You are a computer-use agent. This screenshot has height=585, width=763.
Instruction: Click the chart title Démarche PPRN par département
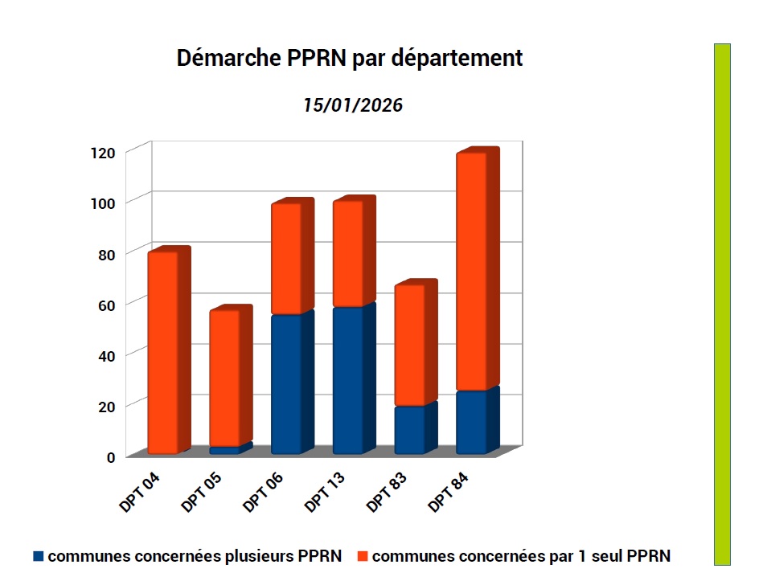pyautogui.click(x=349, y=59)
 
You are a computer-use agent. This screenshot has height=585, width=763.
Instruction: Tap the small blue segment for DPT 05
pyautogui.click(x=224, y=450)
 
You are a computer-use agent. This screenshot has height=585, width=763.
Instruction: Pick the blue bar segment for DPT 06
pyautogui.click(x=286, y=384)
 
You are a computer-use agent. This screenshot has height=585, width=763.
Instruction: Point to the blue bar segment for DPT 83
pyautogui.click(x=409, y=430)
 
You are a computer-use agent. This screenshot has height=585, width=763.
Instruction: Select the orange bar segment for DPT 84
pyautogui.click(x=471, y=272)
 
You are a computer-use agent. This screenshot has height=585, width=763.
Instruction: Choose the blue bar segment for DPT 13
pyautogui.click(x=347, y=380)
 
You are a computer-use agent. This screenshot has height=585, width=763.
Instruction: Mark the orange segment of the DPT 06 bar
pyautogui.click(x=286, y=259)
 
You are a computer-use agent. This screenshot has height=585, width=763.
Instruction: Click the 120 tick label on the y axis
pyautogui.click(x=105, y=152)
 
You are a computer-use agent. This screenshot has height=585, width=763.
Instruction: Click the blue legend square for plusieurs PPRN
pyautogui.click(x=38, y=556)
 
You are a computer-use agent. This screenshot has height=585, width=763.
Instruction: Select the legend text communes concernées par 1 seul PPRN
pyautogui.click(x=521, y=556)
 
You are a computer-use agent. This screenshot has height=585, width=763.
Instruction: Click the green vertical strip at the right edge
pyautogui.click(x=721, y=304)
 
